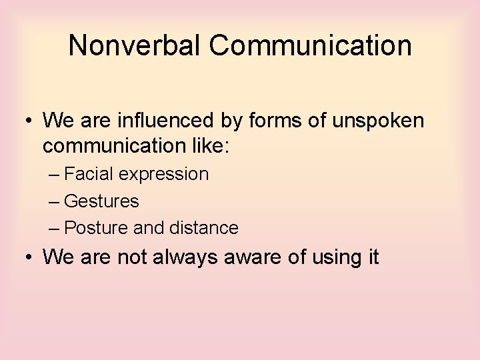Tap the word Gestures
[x=101, y=201]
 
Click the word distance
[x=203, y=228]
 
